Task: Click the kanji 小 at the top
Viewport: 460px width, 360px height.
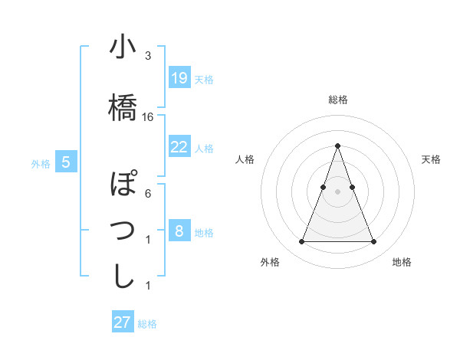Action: pos(123,48)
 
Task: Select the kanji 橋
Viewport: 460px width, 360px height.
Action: pos(123,106)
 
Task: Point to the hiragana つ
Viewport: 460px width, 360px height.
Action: pos(123,230)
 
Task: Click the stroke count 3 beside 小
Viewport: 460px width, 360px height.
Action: pos(148,56)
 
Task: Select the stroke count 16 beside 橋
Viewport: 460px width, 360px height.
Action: pos(148,117)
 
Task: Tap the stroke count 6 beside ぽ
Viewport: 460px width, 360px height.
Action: pos(148,193)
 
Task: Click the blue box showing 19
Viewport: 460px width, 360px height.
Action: pos(179,78)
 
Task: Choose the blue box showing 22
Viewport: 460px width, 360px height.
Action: pos(179,147)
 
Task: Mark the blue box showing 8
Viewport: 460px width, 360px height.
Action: pos(179,231)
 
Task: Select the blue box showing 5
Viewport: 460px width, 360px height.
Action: pos(66,162)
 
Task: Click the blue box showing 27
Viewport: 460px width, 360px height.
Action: pos(122,322)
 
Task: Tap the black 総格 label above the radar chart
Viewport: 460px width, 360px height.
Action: pos(337,100)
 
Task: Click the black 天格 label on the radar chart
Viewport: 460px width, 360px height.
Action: pos(431,159)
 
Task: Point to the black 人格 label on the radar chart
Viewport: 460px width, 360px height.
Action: pos(245,159)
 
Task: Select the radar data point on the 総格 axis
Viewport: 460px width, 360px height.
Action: pos(337,146)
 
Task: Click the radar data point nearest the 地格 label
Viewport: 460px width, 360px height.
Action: pos(373,242)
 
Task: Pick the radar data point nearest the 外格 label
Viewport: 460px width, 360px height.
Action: pos(301,242)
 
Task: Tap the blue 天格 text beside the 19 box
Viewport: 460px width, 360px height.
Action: pos(204,79)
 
